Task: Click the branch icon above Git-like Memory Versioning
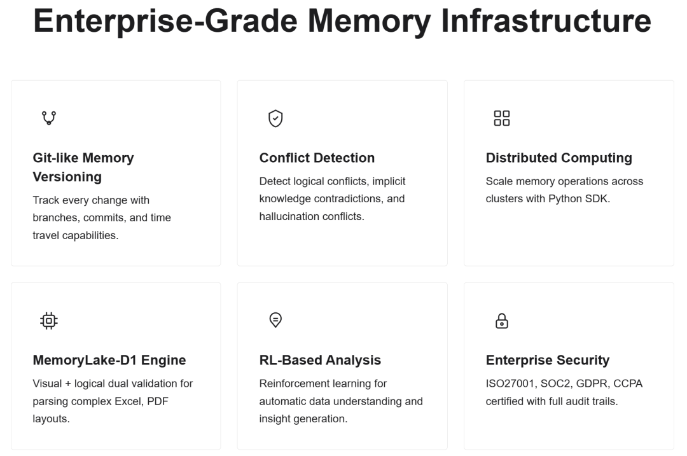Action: (49, 118)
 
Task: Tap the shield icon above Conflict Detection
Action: (275, 118)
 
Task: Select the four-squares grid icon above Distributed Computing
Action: (502, 118)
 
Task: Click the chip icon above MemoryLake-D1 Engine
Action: (49, 321)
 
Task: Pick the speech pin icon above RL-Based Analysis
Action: (275, 320)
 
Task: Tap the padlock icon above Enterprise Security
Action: (502, 321)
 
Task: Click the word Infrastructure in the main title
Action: (546, 20)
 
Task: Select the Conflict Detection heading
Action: (317, 158)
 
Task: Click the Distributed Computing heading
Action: (559, 158)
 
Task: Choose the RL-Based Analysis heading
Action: (320, 360)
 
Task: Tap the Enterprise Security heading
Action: (547, 361)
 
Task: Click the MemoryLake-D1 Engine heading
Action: (109, 361)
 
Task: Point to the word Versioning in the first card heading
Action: (67, 177)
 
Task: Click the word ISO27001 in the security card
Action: (510, 383)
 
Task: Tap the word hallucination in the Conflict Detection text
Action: (289, 216)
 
